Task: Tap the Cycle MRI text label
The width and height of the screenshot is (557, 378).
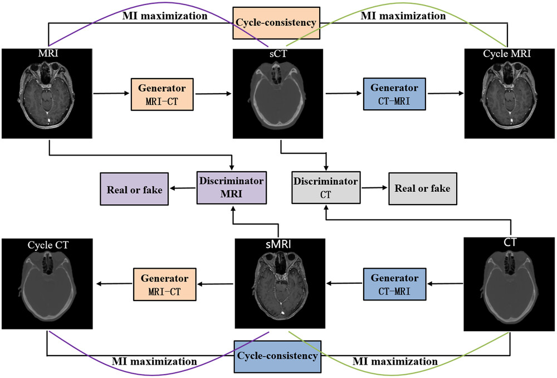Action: click(x=507, y=55)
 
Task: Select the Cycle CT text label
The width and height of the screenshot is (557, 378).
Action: click(x=46, y=245)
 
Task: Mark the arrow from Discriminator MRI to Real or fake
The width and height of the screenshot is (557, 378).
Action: click(x=183, y=189)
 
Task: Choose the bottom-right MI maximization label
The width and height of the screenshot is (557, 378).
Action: click(x=395, y=361)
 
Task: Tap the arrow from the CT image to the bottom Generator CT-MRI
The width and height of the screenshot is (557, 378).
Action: click(x=442, y=283)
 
